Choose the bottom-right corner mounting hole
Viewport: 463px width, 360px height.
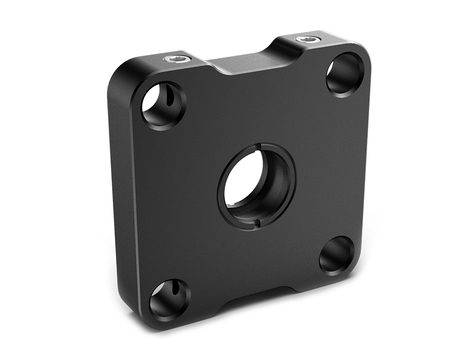pyautogui.click(x=335, y=255)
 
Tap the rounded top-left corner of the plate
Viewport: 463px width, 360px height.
pyautogui.click(x=124, y=73)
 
